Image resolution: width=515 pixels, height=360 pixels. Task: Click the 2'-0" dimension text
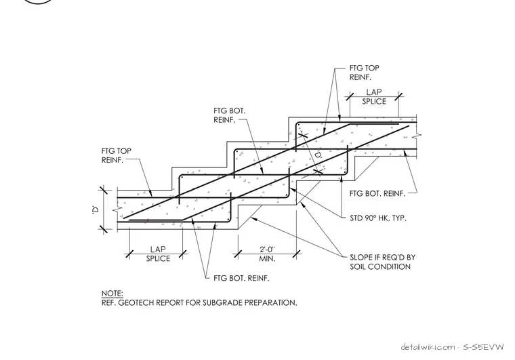267,249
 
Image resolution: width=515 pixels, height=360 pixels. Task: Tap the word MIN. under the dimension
268,259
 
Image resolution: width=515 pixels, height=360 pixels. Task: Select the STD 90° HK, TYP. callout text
378,218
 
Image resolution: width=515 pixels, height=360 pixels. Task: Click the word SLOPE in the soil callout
360,257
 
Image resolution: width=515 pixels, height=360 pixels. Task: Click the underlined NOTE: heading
112,294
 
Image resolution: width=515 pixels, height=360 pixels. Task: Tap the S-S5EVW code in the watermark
483,347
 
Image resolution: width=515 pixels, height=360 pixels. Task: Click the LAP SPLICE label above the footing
374,97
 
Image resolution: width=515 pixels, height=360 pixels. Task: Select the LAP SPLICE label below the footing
158,254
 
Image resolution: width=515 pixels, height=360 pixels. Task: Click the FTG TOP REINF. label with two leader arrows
365,73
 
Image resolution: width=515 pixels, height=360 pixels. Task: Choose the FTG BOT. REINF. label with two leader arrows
241,278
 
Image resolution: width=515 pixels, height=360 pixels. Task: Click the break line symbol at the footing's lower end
116,209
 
